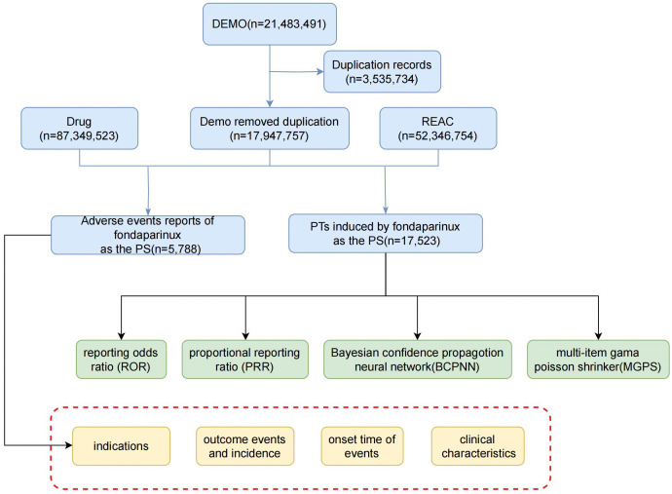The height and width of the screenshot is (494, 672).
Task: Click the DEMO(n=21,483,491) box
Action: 270,24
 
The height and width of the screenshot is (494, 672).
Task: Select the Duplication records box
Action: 382,71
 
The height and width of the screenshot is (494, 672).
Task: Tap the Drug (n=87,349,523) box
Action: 79,129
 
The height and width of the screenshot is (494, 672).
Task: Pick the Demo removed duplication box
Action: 270,129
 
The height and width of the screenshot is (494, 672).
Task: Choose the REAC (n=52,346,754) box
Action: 438,129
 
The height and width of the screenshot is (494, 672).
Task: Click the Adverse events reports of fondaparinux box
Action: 148,235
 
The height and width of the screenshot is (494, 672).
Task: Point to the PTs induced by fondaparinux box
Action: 386,234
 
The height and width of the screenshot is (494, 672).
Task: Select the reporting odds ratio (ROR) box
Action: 122,360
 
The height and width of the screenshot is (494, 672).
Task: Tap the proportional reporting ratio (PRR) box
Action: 245,360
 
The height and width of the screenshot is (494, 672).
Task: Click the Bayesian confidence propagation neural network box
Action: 418,360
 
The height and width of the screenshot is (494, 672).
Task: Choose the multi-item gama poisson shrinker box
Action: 598,360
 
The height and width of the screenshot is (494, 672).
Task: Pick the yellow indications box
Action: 122,446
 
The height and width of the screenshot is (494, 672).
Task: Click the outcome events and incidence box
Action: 245,446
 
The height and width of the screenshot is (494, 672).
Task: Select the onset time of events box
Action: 362,446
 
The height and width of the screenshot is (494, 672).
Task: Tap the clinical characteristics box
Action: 478,446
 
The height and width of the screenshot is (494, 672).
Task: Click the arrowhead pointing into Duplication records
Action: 320,71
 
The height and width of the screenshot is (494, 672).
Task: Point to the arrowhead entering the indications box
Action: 68,445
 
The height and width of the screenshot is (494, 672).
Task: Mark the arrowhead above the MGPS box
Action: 598,336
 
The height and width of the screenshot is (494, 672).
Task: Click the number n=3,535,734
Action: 382,79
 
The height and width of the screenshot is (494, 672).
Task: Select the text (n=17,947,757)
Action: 270,136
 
